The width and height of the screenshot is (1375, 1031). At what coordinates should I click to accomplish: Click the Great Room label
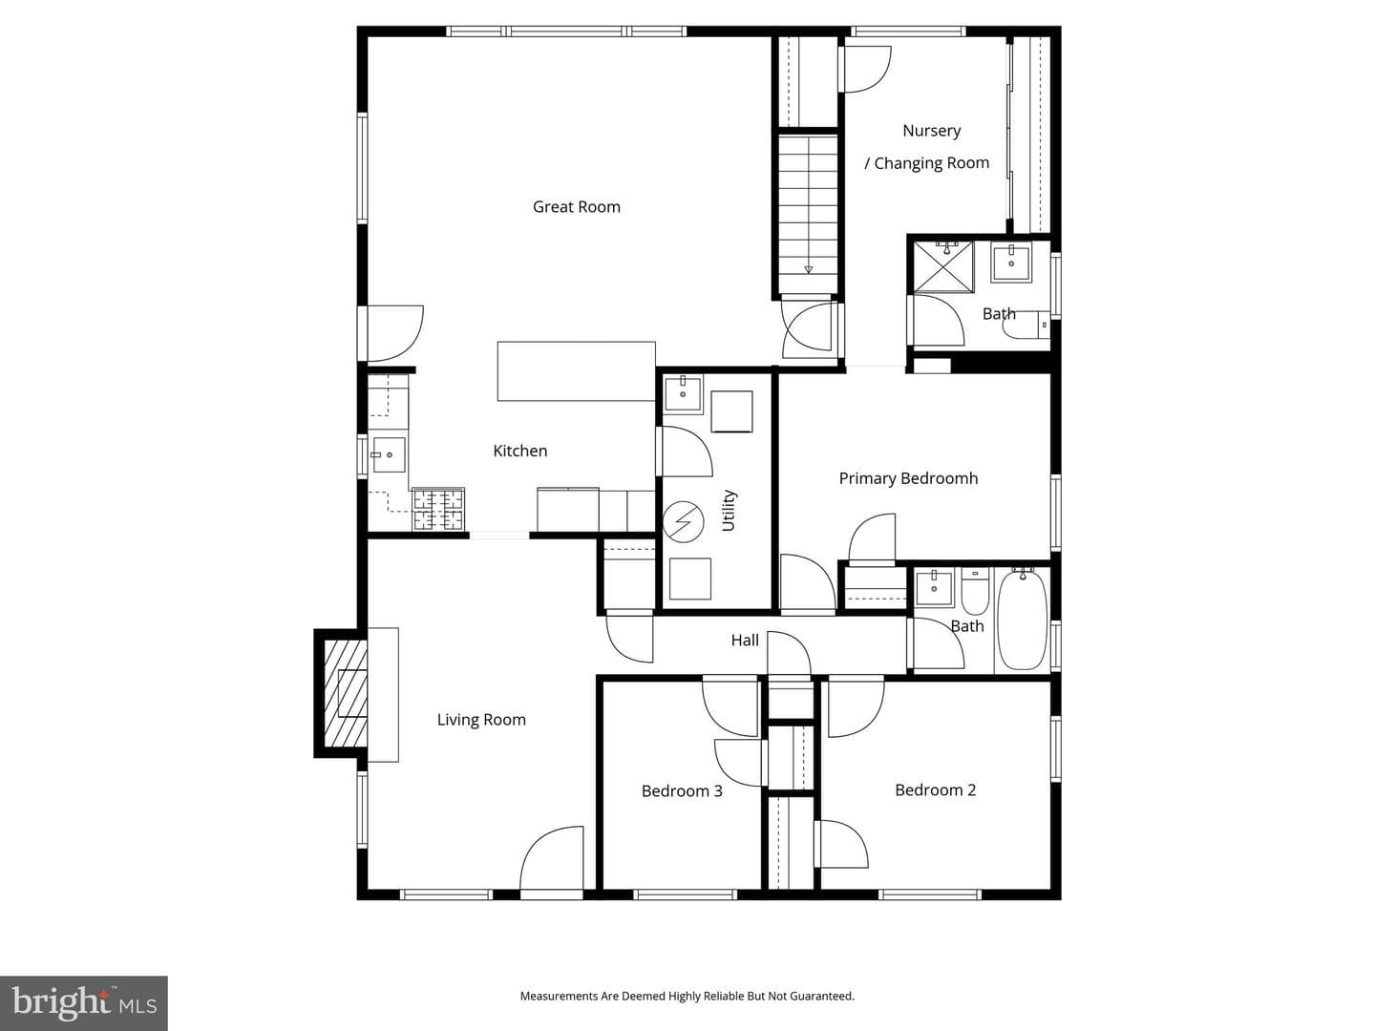(577, 207)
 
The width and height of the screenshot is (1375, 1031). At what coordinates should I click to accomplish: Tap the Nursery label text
(932, 131)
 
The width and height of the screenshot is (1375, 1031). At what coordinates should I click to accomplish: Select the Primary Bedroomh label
(908, 478)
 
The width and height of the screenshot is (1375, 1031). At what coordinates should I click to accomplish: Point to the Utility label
(729, 511)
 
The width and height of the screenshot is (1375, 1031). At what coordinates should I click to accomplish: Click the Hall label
(745, 640)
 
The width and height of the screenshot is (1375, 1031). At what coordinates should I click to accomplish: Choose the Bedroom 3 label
(682, 791)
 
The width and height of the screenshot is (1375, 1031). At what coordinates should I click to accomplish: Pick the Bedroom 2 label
(935, 790)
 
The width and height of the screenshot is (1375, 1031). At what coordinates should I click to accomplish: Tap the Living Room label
(481, 720)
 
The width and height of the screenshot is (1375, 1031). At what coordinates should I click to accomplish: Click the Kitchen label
(520, 451)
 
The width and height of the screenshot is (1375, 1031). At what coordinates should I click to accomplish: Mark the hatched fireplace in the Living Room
(344, 693)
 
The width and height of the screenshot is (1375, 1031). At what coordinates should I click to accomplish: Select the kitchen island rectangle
(577, 370)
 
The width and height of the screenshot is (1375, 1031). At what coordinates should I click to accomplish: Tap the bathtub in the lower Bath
(1023, 620)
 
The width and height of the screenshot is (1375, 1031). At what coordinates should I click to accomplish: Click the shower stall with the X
(943, 267)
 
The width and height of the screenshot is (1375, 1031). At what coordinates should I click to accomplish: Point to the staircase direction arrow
(808, 270)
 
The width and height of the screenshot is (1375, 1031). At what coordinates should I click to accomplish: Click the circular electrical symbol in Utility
(683, 521)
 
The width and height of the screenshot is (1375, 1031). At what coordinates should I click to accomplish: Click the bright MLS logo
(84, 1002)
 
